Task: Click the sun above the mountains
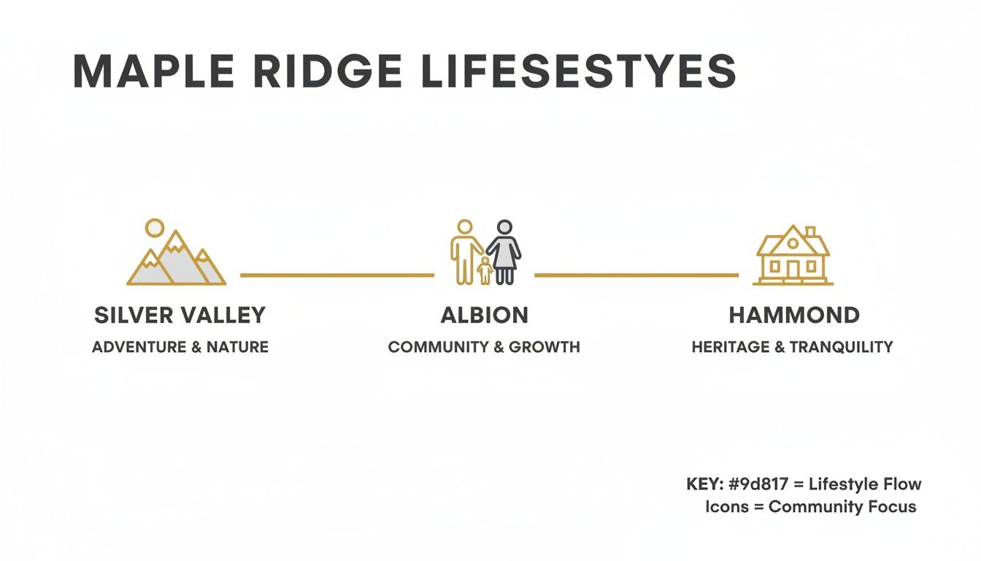(x=154, y=228)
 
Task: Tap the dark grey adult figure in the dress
(x=504, y=251)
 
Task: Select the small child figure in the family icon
(x=484, y=271)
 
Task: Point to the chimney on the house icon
(x=809, y=233)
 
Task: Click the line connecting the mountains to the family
(x=336, y=275)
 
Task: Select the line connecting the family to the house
(x=636, y=275)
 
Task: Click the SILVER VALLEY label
(x=180, y=316)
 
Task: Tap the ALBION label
(x=484, y=316)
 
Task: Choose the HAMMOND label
(x=794, y=316)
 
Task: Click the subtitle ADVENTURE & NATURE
(x=180, y=347)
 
